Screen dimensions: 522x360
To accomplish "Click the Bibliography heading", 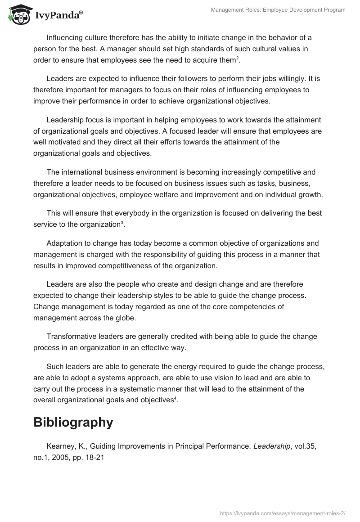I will click(x=73, y=422).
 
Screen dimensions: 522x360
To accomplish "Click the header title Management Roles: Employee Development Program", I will click(x=278, y=10).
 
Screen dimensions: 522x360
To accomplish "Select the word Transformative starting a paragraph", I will click(x=72, y=336).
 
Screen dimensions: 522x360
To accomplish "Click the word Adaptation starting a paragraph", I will click(x=66, y=243).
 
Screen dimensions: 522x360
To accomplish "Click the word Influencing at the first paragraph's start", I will click(x=67, y=37).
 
